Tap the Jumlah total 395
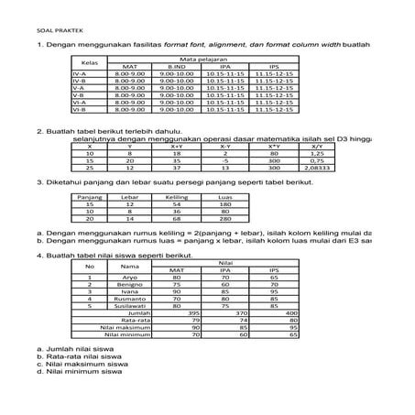pyautogui.click(x=193, y=313)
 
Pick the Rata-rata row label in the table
pyautogui.click(x=136, y=321)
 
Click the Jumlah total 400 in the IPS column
pyautogui.click(x=292, y=313)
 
